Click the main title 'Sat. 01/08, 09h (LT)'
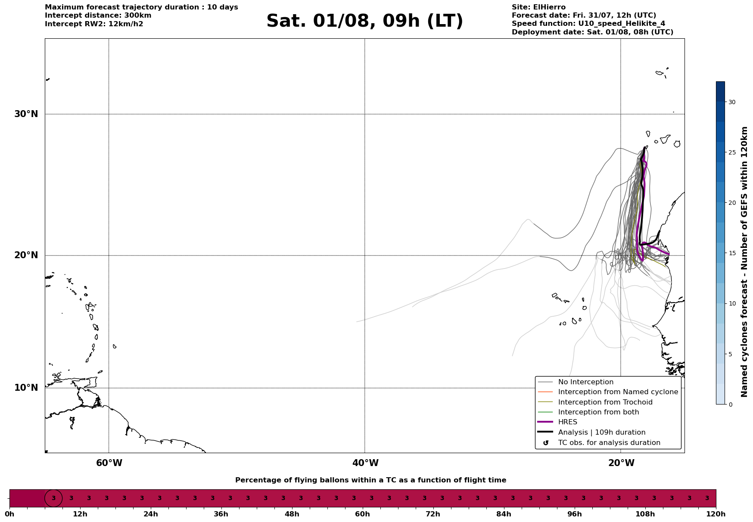click(364, 21)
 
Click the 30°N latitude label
click(26, 114)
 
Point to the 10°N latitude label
click(26, 388)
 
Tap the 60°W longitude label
click(109, 463)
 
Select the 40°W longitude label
click(365, 463)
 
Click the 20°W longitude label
click(621, 463)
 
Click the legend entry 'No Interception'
click(585, 382)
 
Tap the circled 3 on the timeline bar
click(53, 498)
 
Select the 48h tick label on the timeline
click(292, 514)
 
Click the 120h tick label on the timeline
click(716, 514)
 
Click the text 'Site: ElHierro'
click(538, 7)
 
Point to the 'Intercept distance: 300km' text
click(98, 15)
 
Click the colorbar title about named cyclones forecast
click(744, 262)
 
